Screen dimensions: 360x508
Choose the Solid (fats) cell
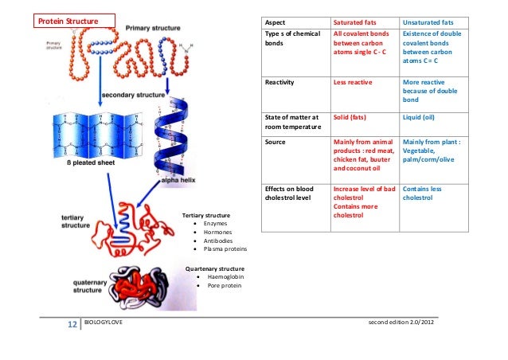[353, 117]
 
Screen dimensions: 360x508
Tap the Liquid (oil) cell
[422, 117]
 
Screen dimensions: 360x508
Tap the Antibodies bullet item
[219, 241]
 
